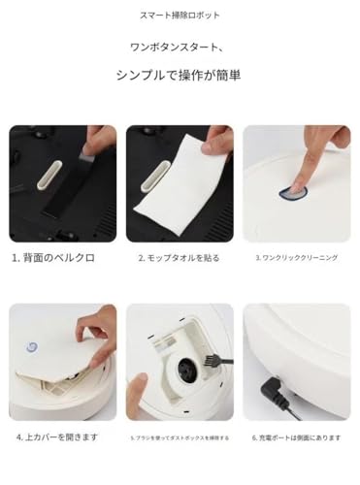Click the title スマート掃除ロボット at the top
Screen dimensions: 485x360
click(x=180, y=16)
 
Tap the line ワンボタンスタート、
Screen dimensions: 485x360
click(x=180, y=47)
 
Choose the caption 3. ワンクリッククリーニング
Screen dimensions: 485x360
click(x=296, y=259)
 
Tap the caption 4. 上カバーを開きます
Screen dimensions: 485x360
click(x=57, y=437)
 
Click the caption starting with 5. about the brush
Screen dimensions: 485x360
click(x=179, y=437)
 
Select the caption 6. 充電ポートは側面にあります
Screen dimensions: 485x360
click(x=296, y=437)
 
